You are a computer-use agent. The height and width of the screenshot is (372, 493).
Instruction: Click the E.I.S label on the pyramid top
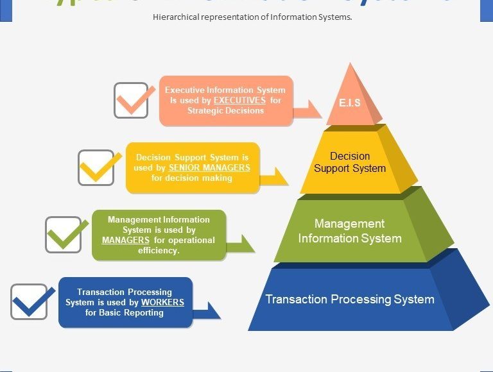pyautogui.click(x=350, y=103)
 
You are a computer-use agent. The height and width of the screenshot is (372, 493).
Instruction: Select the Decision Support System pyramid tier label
pyautogui.click(x=350, y=162)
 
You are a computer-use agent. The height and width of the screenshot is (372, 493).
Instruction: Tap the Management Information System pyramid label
pyautogui.click(x=350, y=231)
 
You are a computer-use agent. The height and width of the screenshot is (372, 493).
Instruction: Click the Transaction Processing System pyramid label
pyautogui.click(x=350, y=299)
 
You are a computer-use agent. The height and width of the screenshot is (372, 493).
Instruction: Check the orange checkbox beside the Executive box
pyautogui.click(x=132, y=100)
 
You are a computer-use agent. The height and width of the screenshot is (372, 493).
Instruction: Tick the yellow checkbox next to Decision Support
pyautogui.click(x=96, y=167)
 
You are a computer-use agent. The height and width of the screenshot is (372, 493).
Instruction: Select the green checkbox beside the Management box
pyautogui.click(x=64, y=234)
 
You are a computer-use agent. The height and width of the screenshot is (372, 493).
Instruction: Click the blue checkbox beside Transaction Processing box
pyautogui.click(x=30, y=301)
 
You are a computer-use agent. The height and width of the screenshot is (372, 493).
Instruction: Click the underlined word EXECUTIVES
pyautogui.click(x=239, y=101)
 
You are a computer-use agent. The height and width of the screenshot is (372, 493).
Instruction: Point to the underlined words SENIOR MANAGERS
pyautogui.click(x=209, y=167)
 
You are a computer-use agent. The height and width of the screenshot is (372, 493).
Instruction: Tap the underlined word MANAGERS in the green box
pyautogui.click(x=126, y=241)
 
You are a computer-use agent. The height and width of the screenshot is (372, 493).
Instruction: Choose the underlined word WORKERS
pyautogui.click(x=162, y=302)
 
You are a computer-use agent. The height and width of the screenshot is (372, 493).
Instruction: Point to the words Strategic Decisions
pyautogui.click(x=225, y=110)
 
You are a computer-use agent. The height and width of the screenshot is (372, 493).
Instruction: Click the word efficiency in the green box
pyautogui.click(x=159, y=251)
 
